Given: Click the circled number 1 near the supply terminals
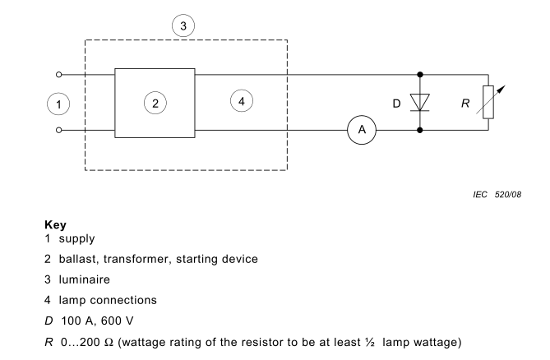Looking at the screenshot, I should pos(58,104).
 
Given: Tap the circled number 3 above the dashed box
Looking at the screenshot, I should pos(184,25).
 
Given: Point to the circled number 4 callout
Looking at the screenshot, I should pos(240,101).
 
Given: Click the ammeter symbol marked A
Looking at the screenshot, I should pos(360,130).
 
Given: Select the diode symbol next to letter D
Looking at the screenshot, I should pos(420,103).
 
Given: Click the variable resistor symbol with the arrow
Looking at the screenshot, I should pos(488,102).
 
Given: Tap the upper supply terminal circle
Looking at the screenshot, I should pos(58,74).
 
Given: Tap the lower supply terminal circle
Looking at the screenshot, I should pos(58,130).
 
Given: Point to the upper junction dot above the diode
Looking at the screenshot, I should pos(420,74).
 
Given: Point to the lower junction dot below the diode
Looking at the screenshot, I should pos(420,130).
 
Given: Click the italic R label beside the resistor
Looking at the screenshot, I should pos(464,104).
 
